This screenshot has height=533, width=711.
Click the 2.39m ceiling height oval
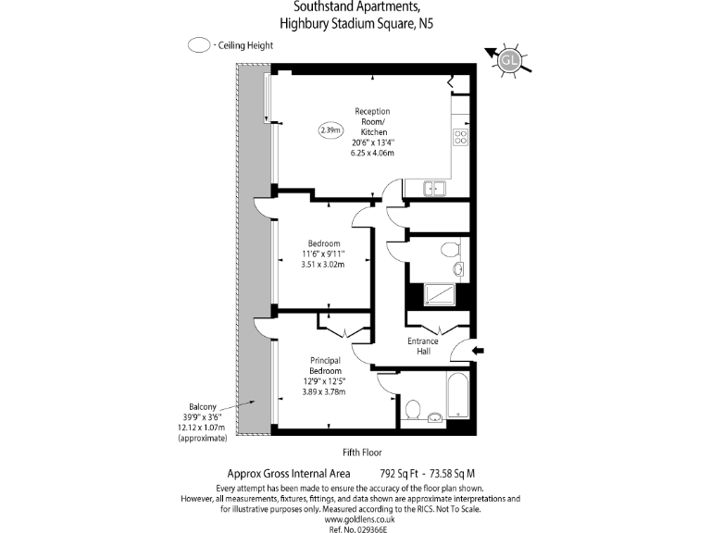coord(330,130)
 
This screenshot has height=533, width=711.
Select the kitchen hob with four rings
coord(459,137)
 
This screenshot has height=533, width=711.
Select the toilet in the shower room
coord(449,249)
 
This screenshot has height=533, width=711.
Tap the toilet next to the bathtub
coord(415,408)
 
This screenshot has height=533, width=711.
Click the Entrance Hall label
coord(423,346)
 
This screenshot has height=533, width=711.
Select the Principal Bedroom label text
coord(325,365)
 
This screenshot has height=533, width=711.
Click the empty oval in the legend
coord(197,44)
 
